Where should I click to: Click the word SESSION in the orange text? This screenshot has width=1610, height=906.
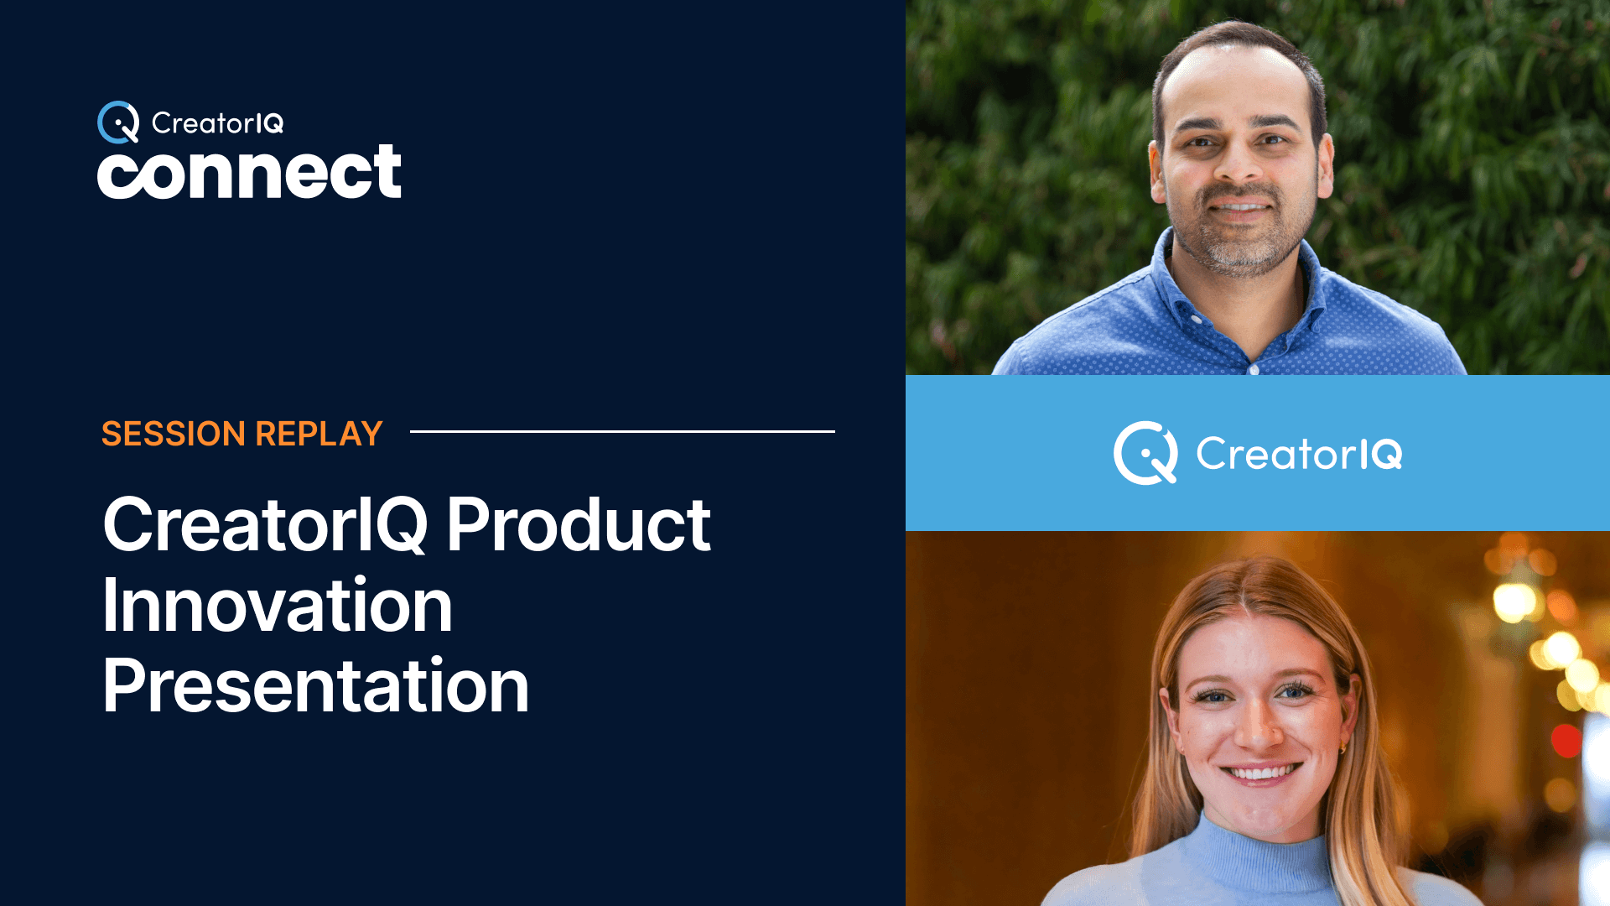point(173,434)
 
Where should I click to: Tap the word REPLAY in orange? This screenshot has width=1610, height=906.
point(319,434)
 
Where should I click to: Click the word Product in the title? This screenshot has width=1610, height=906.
point(578,525)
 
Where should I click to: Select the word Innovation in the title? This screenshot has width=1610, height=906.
point(278,606)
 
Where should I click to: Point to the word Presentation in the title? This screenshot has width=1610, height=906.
point(315,686)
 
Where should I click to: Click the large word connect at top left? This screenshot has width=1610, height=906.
point(249,173)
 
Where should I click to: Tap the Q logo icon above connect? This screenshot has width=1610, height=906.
point(118,122)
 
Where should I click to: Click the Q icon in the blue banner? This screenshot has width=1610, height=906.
point(1145,453)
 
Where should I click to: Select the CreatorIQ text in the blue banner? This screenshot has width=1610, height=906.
point(1298,454)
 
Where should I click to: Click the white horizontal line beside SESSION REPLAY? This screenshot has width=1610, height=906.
point(622,431)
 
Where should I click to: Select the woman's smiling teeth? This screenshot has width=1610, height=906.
point(1259,773)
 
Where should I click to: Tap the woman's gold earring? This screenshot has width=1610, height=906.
point(1342,747)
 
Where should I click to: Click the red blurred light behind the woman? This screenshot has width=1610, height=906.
point(1565,740)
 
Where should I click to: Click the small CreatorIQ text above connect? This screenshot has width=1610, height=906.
point(217,123)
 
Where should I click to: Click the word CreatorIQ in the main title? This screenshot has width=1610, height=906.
point(265,525)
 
